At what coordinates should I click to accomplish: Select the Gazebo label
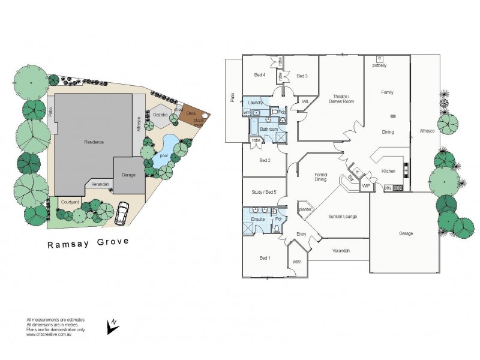coord(160,114)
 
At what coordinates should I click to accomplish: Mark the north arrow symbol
coord(112,326)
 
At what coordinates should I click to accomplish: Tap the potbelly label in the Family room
coord(379,65)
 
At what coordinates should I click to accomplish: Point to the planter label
coord(305,209)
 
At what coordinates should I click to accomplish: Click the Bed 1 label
coord(264,258)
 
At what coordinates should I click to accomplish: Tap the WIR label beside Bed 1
coord(296,262)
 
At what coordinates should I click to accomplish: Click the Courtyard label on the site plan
coord(71,202)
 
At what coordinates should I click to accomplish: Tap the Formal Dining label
coord(321,177)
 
